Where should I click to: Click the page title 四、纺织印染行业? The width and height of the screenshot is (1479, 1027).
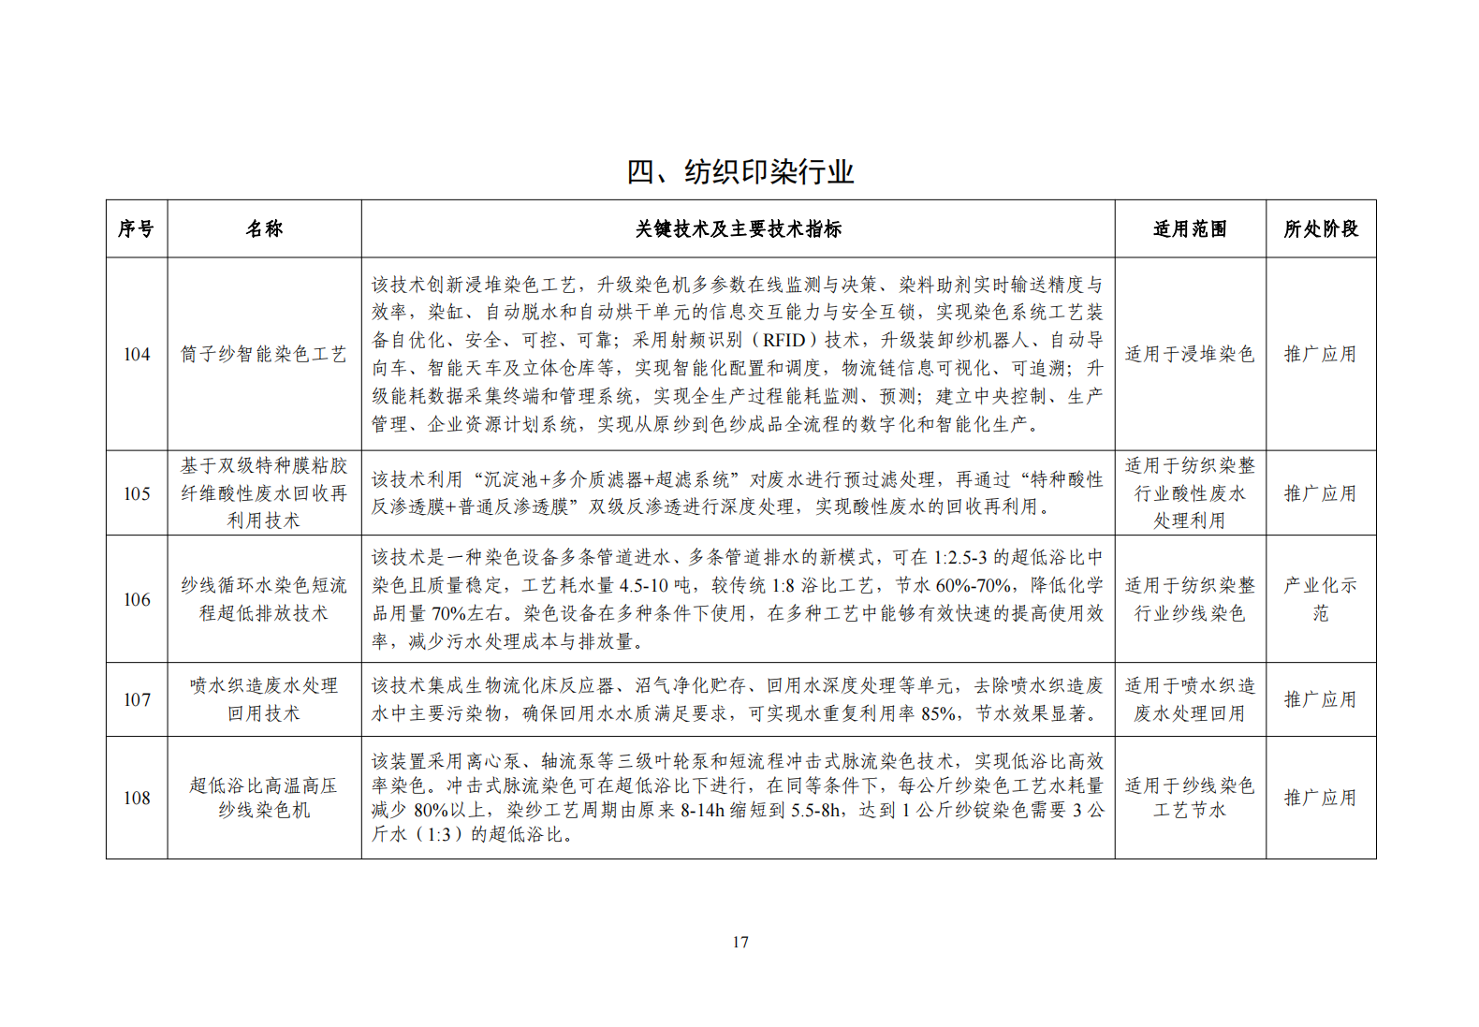click(x=739, y=172)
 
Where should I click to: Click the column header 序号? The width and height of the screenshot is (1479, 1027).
click(x=136, y=229)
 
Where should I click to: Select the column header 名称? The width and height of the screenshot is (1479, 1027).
click(x=264, y=229)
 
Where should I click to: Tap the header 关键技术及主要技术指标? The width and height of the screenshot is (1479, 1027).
click(x=738, y=229)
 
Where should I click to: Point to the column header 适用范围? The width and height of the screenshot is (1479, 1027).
click(x=1190, y=229)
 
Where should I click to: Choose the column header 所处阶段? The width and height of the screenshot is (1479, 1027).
click(x=1321, y=229)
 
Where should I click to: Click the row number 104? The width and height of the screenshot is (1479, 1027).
click(x=137, y=355)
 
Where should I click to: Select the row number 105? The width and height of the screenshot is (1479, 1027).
click(x=137, y=494)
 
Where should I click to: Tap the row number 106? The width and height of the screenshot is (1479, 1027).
click(x=137, y=600)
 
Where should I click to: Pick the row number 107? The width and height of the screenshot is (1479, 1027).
click(x=137, y=700)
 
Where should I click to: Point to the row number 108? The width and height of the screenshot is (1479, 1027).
click(x=137, y=799)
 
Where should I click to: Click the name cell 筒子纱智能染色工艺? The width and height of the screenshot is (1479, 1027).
click(x=264, y=355)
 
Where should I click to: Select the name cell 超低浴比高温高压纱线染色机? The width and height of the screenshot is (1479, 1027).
click(x=264, y=798)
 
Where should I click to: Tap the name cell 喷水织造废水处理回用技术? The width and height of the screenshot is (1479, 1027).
click(x=264, y=699)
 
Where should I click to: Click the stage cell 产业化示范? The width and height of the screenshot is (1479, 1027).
click(x=1320, y=599)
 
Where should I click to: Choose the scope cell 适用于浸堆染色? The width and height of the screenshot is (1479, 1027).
click(x=1190, y=355)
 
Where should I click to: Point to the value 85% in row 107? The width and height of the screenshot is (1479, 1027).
click(x=939, y=714)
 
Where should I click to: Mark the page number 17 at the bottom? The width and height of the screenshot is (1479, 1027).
click(x=740, y=942)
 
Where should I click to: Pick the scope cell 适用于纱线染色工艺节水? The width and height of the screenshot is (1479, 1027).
click(x=1190, y=798)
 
